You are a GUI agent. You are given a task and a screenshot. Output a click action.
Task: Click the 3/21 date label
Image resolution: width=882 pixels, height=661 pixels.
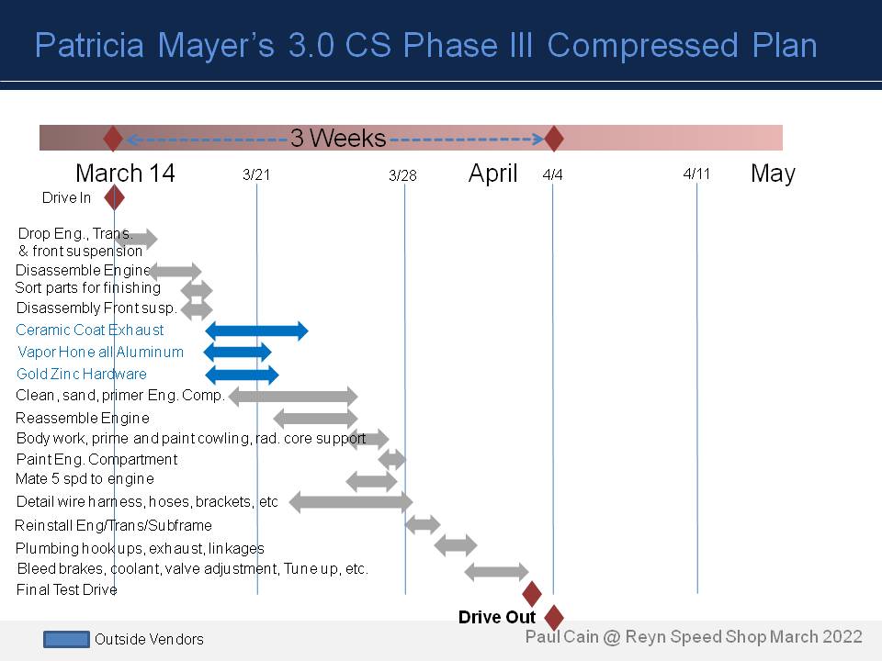(x=256, y=174)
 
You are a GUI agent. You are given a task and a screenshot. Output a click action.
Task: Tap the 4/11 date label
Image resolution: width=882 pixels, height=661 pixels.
(x=697, y=174)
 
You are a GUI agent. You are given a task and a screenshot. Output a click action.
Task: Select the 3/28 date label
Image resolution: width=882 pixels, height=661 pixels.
(x=402, y=175)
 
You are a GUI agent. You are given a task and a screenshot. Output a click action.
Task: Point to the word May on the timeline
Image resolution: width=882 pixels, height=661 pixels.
(x=773, y=174)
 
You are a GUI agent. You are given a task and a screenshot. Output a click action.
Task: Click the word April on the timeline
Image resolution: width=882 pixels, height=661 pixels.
(x=493, y=174)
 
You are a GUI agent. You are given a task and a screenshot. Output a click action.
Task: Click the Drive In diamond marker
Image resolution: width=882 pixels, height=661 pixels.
(x=114, y=197)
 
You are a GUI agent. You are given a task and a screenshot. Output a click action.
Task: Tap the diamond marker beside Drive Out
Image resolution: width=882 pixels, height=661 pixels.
(x=553, y=617)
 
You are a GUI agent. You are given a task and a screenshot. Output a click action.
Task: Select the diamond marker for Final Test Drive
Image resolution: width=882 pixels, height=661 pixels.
(x=532, y=593)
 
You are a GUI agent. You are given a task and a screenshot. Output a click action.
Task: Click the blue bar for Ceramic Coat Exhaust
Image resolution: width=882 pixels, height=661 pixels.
(x=257, y=330)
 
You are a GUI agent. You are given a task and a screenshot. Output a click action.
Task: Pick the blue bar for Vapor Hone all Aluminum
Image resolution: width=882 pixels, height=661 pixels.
(x=238, y=352)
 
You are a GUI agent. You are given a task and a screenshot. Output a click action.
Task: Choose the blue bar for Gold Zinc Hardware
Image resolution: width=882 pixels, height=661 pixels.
(x=242, y=374)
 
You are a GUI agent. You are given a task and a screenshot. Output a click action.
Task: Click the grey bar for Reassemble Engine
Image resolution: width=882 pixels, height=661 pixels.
(x=315, y=419)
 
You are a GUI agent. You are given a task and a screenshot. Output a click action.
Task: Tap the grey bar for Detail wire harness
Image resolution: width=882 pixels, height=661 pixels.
(x=351, y=502)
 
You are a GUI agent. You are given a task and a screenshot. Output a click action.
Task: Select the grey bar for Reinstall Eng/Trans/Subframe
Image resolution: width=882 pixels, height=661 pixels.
(x=423, y=525)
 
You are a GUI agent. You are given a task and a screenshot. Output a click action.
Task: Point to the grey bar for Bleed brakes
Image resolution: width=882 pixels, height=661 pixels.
(x=496, y=572)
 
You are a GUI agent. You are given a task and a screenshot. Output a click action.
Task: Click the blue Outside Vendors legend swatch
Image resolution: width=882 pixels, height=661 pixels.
(x=66, y=639)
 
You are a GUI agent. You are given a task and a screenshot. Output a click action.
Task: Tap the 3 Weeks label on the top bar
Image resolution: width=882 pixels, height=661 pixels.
(x=338, y=139)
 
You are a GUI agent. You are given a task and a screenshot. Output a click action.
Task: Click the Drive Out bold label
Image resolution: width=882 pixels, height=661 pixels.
(x=496, y=618)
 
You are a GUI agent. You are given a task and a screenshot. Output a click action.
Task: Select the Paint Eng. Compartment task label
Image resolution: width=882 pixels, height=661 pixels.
(x=96, y=459)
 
